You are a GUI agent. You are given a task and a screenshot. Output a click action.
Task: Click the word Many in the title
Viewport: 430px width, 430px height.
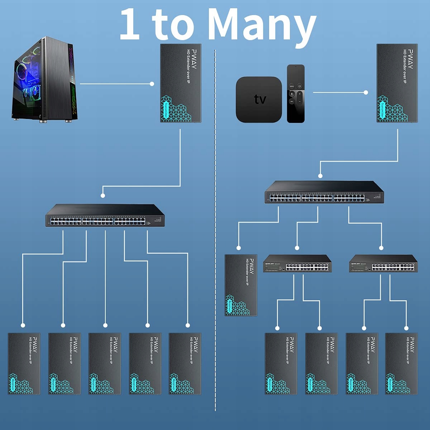(x=262, y=24)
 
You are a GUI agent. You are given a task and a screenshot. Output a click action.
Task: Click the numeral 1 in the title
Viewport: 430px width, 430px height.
(x=130, y=24)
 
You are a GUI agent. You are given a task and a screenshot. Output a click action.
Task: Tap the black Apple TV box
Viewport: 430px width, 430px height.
(x=259, y=99)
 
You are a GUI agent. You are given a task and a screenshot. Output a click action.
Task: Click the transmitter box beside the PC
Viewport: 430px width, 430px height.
(x=181, y=83)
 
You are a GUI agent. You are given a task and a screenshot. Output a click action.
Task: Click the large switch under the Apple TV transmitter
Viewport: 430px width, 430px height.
(x=324, y=193)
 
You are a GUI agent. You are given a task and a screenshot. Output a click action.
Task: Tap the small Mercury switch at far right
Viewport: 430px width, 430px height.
(x=383, y=264)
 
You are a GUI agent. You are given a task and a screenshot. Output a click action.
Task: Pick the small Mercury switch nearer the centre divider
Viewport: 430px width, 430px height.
(x=297, y=264)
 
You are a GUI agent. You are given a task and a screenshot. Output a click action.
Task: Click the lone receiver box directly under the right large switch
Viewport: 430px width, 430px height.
(x=241, y=285)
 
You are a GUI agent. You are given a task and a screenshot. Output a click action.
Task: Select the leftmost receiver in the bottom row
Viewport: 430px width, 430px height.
(x=24, y=364)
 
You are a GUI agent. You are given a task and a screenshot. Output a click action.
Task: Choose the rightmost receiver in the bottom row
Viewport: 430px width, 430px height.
(x=401, y=364)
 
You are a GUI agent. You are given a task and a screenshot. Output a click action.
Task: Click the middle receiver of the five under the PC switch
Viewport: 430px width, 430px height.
(x=105, y=364)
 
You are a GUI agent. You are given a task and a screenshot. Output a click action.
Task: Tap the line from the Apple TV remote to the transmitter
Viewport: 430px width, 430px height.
(x=339, y=92)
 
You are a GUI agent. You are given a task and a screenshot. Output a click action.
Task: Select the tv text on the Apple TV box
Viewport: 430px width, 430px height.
(x=260, y=99)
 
